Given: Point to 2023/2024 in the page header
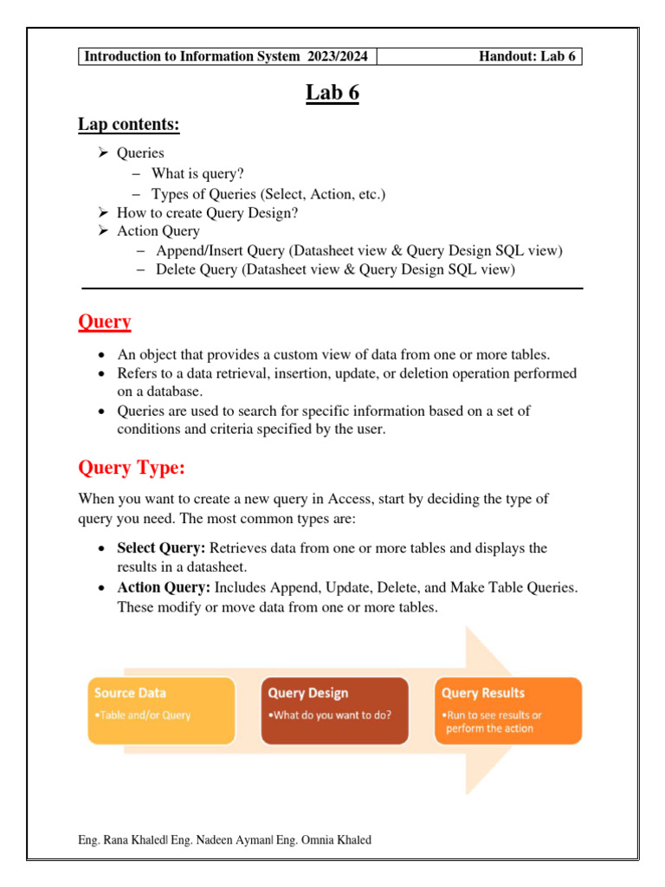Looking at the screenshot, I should pos(336,57).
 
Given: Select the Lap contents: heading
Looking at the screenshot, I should pos(129,125).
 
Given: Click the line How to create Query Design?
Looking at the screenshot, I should pos(213,212).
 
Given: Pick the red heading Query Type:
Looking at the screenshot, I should pos(132,469).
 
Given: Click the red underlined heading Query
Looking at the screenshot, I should pos(105,321).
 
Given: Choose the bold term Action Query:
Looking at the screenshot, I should pos(164,587).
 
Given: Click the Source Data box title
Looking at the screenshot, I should pos(130,693).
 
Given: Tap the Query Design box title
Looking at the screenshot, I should pos(308,693).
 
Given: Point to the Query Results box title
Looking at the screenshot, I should pos(483,693).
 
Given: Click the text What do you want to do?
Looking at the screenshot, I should pos(329,715).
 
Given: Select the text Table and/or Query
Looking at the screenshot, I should pos(143,715).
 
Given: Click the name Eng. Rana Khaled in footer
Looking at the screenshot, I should pos(121,839).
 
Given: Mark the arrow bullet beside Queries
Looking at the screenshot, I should pos(102,153).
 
